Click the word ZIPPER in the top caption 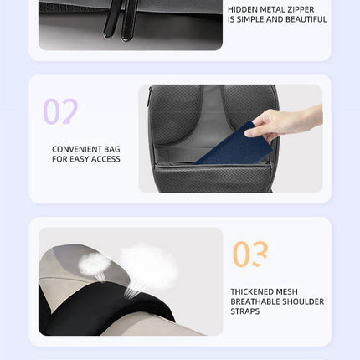point(300,9)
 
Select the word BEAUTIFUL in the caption point(306,19)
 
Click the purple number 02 point(60,111)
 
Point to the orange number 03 point(250,254)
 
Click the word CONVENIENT point(77,149)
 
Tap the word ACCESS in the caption point(105,159)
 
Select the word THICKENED point(252,292)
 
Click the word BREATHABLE point(255,301)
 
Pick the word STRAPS point(245,311)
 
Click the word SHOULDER point(303,301)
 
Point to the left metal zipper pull point(111,19)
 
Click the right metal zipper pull point(129,20)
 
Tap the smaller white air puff point(94,265)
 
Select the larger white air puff point(148,265)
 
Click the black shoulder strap point(106,307)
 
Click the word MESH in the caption point(287,292)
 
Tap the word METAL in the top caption point(271,9)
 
